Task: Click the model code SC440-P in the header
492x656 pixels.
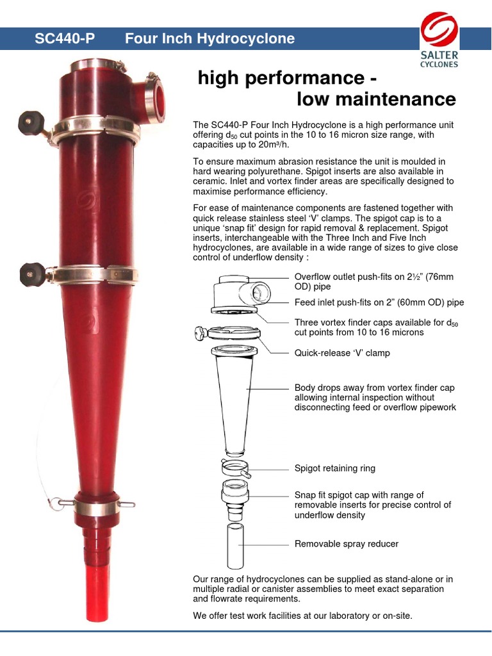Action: click(x=64, y=38)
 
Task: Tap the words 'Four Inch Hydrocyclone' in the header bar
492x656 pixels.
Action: click(x=210, y=38)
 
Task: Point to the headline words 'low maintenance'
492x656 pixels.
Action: click(x=376, y=99)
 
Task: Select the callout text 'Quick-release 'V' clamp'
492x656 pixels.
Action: click(x=341, y=352)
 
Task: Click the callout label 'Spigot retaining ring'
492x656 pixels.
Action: click(x=334, y=468)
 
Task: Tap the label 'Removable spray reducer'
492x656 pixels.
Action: click(x=346, y=544)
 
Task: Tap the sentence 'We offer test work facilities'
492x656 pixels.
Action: click(x=302, y=616)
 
